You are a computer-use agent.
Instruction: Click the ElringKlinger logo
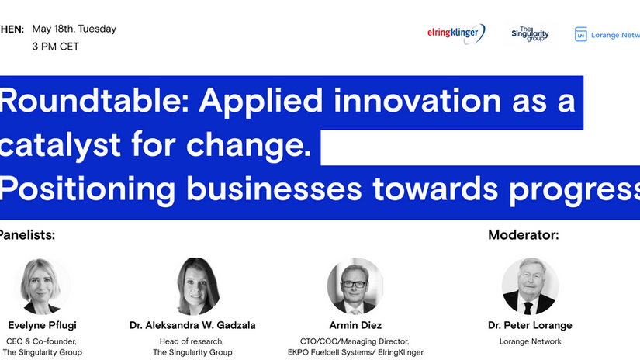(x=456, y=33)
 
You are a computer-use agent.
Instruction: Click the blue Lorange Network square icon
(x=580, y=34)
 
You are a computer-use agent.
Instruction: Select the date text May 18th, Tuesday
(x=74, y=29)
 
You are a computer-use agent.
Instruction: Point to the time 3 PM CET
(x=56, y=47)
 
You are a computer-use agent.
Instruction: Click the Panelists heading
(x=27, y=235)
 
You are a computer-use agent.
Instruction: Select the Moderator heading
(x=523, y=235)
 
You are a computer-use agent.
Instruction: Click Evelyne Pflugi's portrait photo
(x=43, y=286)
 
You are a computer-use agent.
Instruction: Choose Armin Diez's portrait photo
(x=355, y=286)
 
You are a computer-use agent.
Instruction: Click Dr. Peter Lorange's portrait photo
(x=530, y=286)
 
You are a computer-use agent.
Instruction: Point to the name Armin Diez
(x=356, y=326)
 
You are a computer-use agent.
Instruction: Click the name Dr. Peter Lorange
(x=531, y=326)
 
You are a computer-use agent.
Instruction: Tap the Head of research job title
(x=192, y=341)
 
